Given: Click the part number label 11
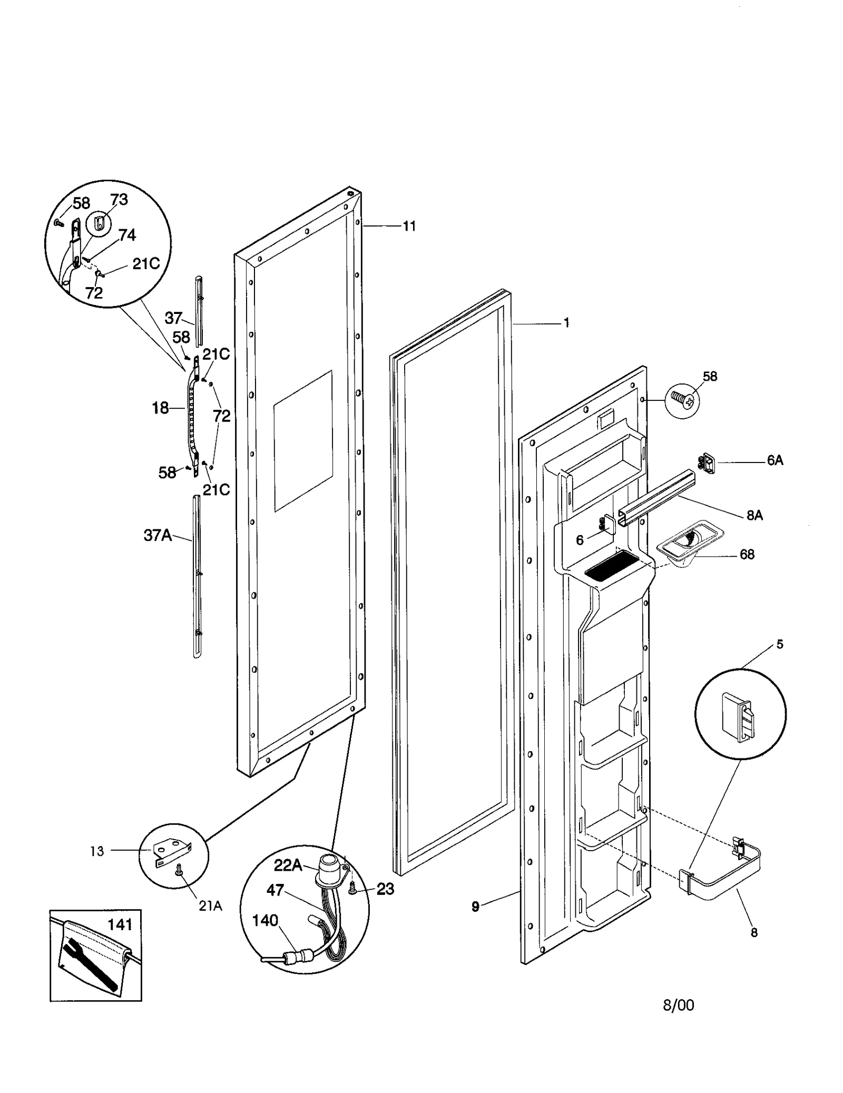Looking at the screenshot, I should point(409,227).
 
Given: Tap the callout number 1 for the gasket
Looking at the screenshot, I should point(566,323).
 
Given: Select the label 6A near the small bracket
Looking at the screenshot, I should point(775,461).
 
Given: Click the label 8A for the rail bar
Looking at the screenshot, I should point(754,516).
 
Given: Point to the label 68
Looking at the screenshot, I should point(747,555).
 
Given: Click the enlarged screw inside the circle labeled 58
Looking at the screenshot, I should point(682,401).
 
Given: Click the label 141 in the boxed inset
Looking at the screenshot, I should point(120,924).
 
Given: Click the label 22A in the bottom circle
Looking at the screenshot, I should point(288,865).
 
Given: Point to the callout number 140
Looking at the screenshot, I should point(265,920).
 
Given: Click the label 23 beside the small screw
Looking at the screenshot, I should point(385,889).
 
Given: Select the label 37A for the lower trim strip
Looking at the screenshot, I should point(158,536).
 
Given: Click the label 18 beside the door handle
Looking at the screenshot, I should point(160,408).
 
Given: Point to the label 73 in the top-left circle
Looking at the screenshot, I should point(119,200).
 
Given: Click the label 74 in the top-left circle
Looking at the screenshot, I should point(126,235).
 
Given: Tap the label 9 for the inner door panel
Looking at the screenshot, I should point(475,907).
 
